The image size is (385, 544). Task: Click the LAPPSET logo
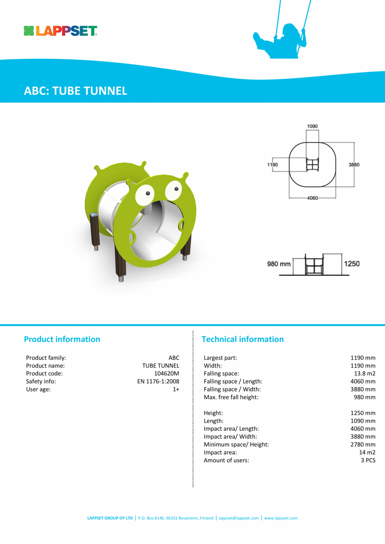[x=61, y=31]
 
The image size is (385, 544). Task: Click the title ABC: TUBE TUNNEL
[x=76, y=91]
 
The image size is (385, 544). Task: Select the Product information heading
[x=62, y=339]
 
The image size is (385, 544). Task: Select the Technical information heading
[x=243, y=339]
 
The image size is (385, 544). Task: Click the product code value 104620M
[x=167, y=373]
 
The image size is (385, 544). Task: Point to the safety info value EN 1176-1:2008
[x=158, y=381]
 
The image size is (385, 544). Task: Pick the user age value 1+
[x=176, y=389]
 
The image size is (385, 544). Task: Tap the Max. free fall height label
[x=231, y=397]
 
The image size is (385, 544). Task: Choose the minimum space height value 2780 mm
[x=363, y=444]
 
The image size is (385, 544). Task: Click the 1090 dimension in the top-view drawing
[x=312, y=126]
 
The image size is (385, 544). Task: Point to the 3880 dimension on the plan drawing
[x=354, y=165]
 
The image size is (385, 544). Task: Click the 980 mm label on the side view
[x=279, y=264]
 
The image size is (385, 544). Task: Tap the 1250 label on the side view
[x=352, y=263]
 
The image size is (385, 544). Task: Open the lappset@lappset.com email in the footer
[x=239, y=518]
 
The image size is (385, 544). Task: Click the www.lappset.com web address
[x=281, y=518]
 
